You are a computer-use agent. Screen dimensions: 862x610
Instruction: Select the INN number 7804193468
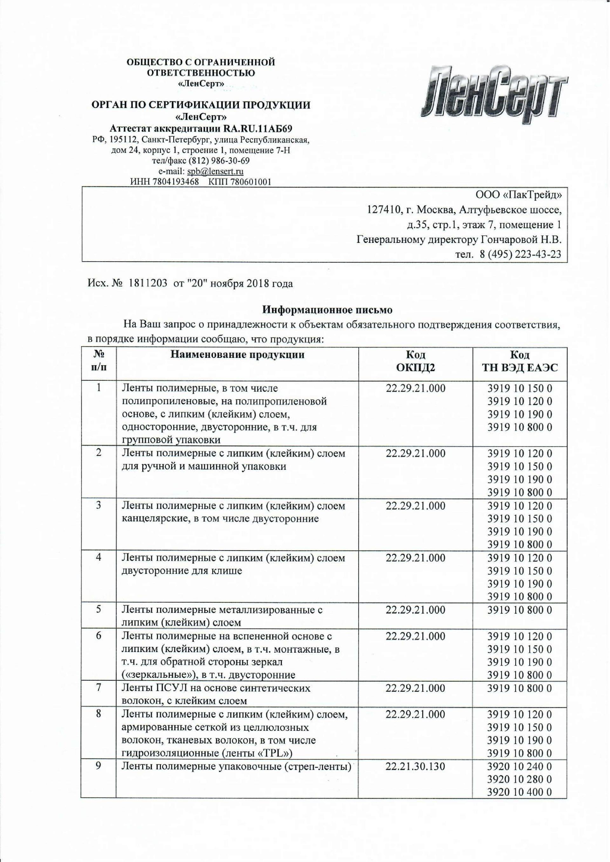(177, 182)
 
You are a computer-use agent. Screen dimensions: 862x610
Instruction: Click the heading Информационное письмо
(327, 310)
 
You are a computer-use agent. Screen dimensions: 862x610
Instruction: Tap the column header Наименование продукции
(237, 355)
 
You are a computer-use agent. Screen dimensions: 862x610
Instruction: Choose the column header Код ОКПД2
(416, 361)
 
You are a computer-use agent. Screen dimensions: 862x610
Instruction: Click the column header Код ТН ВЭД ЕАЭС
(520, 361)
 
